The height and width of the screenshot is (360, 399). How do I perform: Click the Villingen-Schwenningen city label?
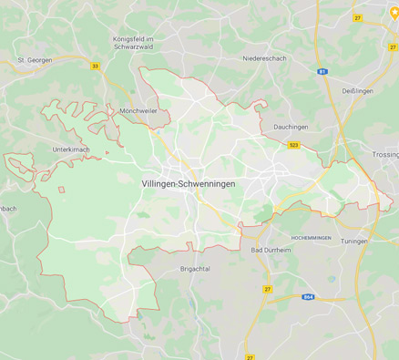pyautogui.click(x=189, y=184)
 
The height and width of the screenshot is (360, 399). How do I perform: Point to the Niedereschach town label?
pyautogui.click(x=265, y=57)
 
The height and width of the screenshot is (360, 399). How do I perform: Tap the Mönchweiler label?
pyautogui.click(x=138, y=110)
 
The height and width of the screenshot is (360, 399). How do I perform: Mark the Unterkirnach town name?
pyautogui.click(x=71, y=149)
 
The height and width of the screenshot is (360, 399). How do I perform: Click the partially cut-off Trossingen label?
pyautogui.click(x=385, y=156)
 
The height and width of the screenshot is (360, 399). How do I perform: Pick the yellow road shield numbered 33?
pyautogui.click(x=95, y=66)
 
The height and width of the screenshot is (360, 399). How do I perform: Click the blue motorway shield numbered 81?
pyautogui.click(x=322, y=71)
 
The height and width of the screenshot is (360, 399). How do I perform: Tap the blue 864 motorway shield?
pyautogui.click(x=310, y=296)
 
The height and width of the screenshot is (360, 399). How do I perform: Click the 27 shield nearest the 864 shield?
pyautogui.click(x=268, y=289)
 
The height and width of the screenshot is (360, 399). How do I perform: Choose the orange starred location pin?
pyautogui.click(x=394, y=12)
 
